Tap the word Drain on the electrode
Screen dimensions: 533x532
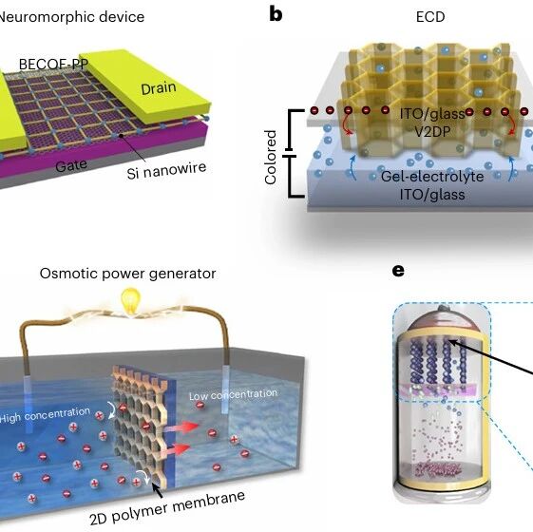pos(159,88)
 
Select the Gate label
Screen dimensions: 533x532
pos(71,165)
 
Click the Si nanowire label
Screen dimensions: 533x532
pos(166,170)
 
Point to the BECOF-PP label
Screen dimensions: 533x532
pos(53,64)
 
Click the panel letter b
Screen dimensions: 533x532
pos(276,15)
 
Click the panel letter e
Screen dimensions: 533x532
pos(398,271)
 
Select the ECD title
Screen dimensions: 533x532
pos(430,17)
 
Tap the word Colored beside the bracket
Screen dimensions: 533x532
pos(271,157)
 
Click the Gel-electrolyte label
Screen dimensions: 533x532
pos(432,177)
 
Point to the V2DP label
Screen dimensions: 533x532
pos(432,131)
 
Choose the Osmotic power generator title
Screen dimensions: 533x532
pos(128,274)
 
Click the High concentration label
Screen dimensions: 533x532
pos(45,414)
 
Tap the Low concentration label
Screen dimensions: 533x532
pos(233,394)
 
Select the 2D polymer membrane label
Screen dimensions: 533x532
pos(167,507)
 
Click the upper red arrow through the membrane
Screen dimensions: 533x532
pos(181,427)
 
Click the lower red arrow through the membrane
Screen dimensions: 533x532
pos(175,450)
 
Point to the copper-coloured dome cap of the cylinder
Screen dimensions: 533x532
pos(442,320)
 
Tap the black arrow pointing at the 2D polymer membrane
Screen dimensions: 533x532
pos(157,490)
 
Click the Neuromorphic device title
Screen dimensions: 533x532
pos(71,17)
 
